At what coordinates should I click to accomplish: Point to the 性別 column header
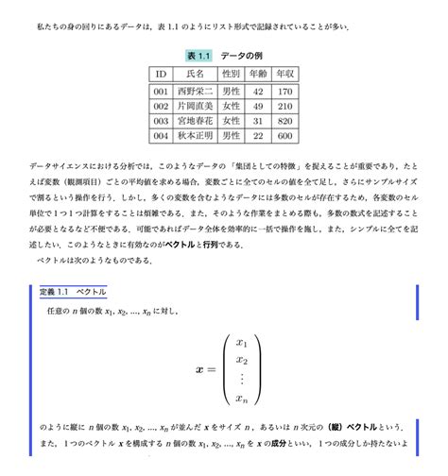(231, 74)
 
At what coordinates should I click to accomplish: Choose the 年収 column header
(286, 74)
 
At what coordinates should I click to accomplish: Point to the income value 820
(286, 122)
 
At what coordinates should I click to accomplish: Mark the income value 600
(286, 137)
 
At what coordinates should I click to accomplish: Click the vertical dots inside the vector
(242, 379)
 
